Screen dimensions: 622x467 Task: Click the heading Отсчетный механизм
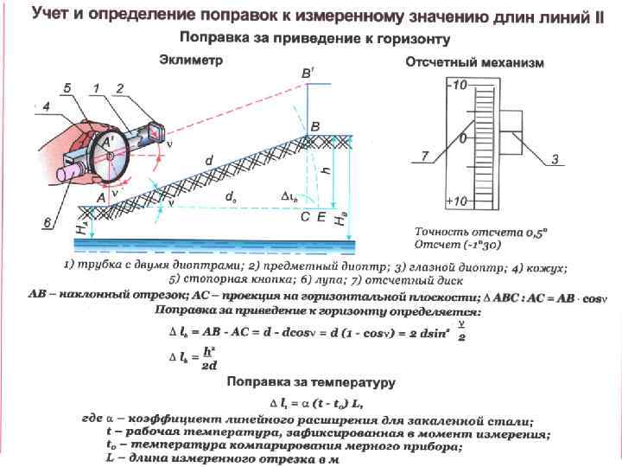tap(475, 63)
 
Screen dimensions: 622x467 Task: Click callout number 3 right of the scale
tap(557, 158)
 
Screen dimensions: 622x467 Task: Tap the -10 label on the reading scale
tap(457, 85)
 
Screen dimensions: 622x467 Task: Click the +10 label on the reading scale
tap(457, 201)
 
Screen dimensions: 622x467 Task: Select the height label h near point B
tap(325, 172)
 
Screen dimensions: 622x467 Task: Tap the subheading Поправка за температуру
tap(311, 381)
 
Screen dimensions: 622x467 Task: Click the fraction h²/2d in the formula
tap(208, 358)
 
